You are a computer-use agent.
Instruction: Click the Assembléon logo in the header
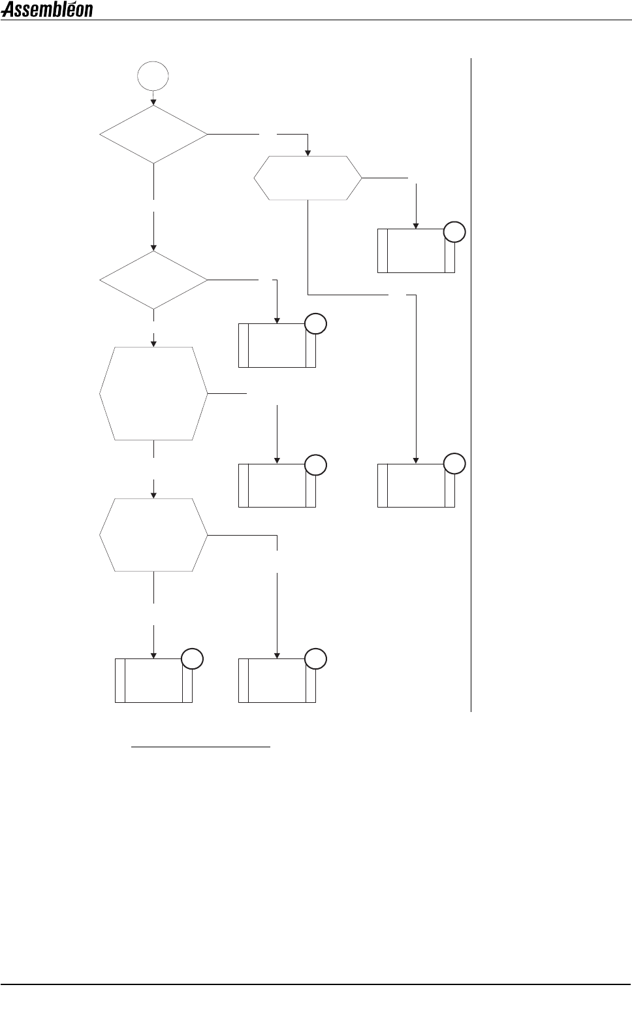[x=47, y=10]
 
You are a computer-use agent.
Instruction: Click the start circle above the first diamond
[x=153, y=76]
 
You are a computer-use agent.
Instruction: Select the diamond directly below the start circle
[x=153, y=135]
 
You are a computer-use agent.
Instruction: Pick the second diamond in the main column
[x=153, y=280]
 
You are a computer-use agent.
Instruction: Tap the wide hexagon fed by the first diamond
[x=308, y=178]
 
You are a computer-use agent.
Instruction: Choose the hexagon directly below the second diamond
[x=153, y=393]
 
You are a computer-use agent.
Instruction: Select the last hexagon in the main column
[x=153, y=535]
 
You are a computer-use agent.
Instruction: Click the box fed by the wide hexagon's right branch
[x=416, y=251]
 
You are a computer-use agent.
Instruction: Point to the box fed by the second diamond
[x=277, y=345]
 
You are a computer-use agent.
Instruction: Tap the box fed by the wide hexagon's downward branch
[x=416, y=485]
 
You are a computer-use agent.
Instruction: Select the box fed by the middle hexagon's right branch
[x=277, y=485]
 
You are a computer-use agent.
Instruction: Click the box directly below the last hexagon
[x=153, y=681]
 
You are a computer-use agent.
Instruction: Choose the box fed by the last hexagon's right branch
[x=277, y=681]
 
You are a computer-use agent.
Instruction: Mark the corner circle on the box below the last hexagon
[x=191, y=658]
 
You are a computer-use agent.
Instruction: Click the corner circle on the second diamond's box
[x=315, y=324]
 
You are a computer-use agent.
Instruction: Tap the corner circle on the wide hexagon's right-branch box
[x=454, y=232]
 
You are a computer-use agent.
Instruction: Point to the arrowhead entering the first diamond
[x=153, y=101]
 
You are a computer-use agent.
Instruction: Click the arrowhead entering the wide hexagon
[x=308, y=153]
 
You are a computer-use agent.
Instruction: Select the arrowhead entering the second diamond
[x=153, y=248]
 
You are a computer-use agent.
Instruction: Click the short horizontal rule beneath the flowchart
[x=201, y=745]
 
